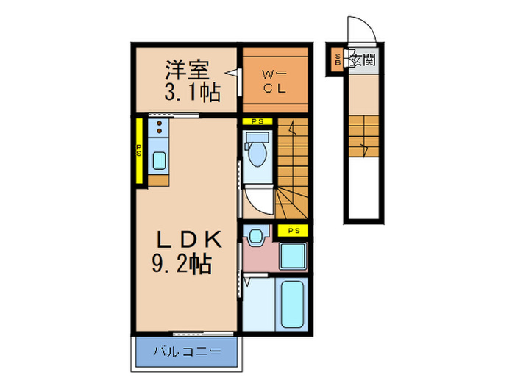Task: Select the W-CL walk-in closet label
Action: click(274, 80)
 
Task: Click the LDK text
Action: click(187, 239)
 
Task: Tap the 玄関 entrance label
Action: click(363, 60)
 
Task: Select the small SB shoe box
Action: click(338, 60)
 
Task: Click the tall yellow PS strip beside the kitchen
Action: click(138, 151)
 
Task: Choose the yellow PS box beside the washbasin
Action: click(294, 231)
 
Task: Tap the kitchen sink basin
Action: click(159, 160)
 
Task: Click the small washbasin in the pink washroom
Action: click(256, 237)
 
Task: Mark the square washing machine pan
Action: click(293, 257)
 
